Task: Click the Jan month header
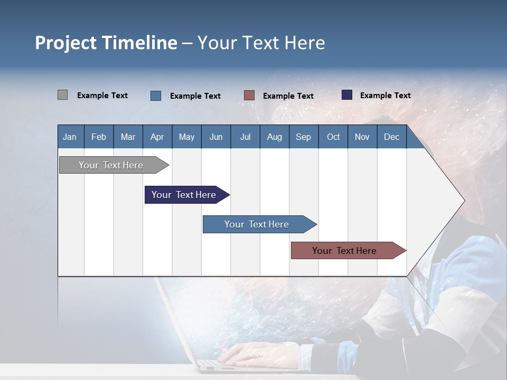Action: pos(70,137)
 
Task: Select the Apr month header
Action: pos(157,137)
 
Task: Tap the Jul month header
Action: pos(245,137)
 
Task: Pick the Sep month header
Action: pos(303,137)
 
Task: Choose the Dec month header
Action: pos(391,137)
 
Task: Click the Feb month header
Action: pos(99,137)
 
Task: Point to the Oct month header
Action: pos(333,137)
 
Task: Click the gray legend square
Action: pos(62,95)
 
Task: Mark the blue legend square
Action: pos(156,96)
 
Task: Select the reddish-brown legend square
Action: pos(249,96)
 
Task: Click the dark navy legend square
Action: pos(347,95)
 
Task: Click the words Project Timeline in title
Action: pos(106,43)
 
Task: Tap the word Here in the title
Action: pos(305,43)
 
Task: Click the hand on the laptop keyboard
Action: pos(253,353)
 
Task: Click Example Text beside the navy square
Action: pos(385,96)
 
